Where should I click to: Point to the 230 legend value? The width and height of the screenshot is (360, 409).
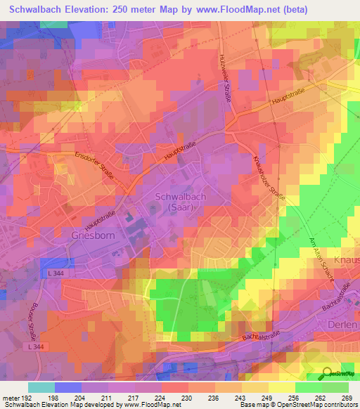click(188, 398)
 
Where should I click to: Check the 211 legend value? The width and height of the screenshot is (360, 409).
click(108, 398)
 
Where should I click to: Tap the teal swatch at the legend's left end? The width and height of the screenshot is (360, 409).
click(41, 387)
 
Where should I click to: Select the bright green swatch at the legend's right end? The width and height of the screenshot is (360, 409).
click(335, 387)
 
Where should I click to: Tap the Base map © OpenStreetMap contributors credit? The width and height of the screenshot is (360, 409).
click(299, 405)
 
